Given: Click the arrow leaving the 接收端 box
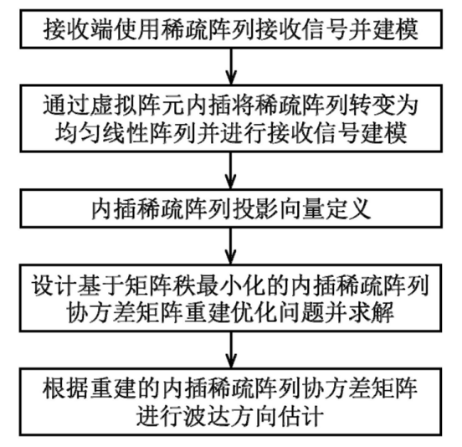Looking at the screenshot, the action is (x=231, y=67).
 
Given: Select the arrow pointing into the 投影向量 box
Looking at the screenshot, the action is (x=231, y=171).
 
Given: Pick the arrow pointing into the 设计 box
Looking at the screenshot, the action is (x=231, y=246).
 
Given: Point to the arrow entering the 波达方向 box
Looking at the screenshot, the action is (x=231, y=350).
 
